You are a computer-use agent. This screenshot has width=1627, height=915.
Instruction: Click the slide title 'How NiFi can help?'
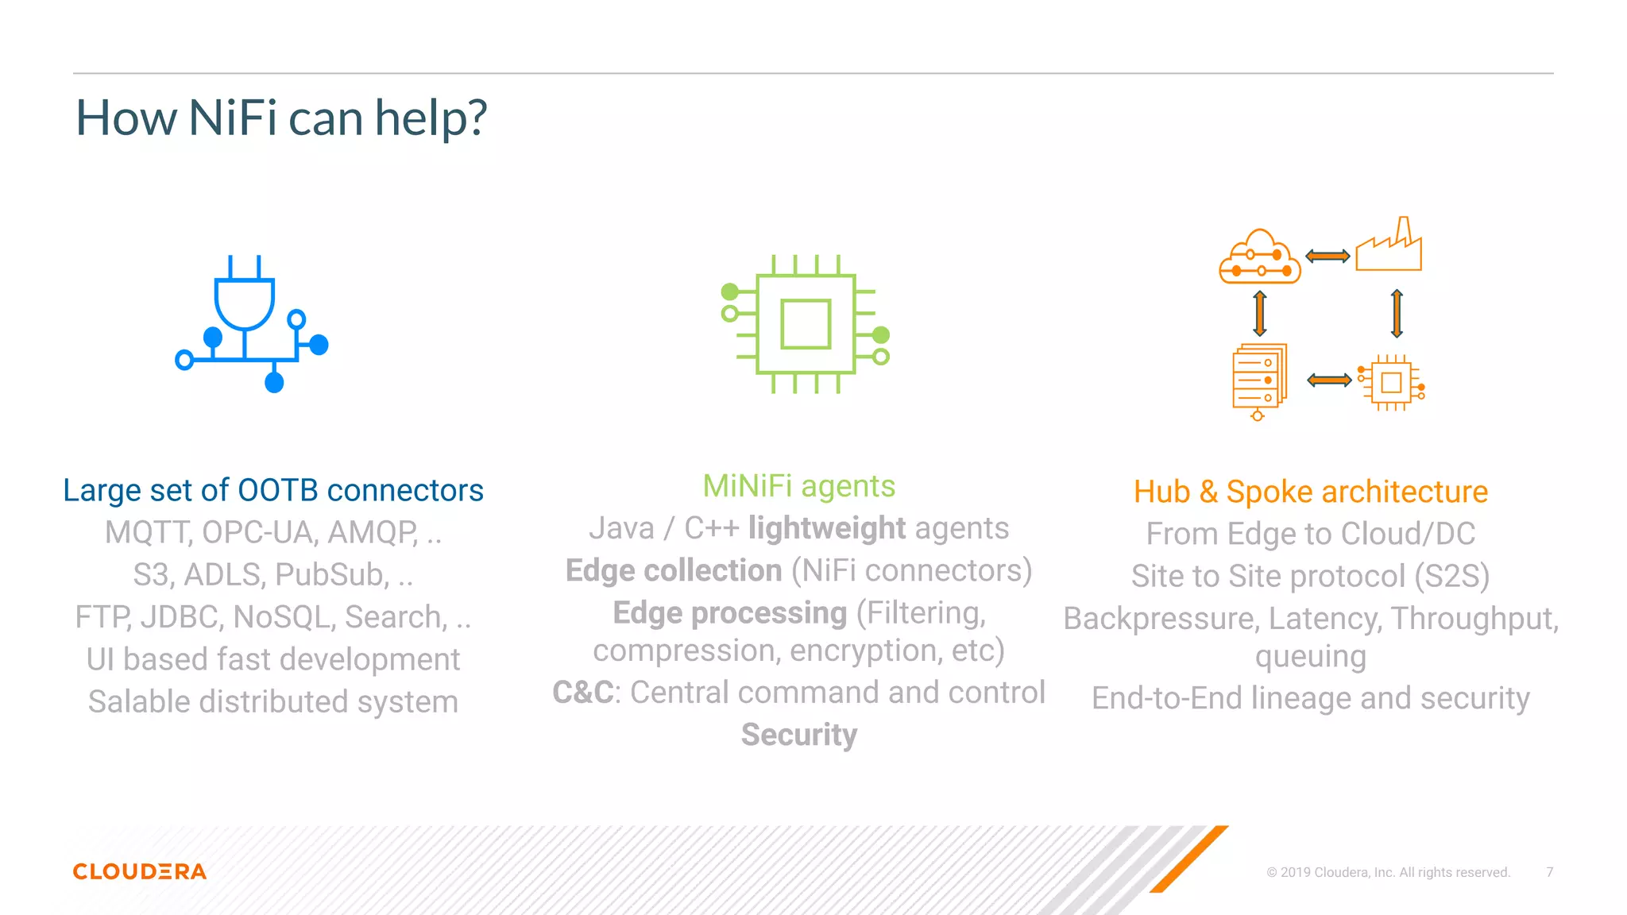(x=280, y=118)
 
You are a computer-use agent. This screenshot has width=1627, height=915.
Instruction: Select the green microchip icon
(x=805, y=324)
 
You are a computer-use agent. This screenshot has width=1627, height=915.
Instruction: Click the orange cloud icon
(x=1260, y=258)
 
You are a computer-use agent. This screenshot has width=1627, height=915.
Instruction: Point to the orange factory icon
(x=1389, y=246)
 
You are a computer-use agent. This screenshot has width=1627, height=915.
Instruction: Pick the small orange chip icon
(x=1392, y=383)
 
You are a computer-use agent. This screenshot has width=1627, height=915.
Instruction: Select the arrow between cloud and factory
(x=1327, y=256)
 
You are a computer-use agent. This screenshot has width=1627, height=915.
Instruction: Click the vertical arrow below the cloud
(x=1260, y=314)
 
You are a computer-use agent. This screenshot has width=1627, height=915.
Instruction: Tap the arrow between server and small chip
(x=1329, y=380)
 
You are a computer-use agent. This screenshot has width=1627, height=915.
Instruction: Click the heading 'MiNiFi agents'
(x=798, y=486)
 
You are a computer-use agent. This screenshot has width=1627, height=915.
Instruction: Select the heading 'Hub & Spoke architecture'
(x=1310, y=492)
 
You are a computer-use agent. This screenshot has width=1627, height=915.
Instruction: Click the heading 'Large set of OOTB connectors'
(x=272, y=490)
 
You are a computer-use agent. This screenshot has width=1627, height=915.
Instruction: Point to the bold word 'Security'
(x=798, y=735)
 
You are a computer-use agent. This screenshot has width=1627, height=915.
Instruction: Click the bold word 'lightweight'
(x=826, y=528)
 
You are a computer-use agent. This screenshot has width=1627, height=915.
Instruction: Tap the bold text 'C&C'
(x=582, y=693)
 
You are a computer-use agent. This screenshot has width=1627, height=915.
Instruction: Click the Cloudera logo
(x=140, y=871)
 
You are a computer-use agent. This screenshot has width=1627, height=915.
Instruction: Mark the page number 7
(x=1549, y=872)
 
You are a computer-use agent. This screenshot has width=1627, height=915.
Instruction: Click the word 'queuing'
(x=1310, y=657)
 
